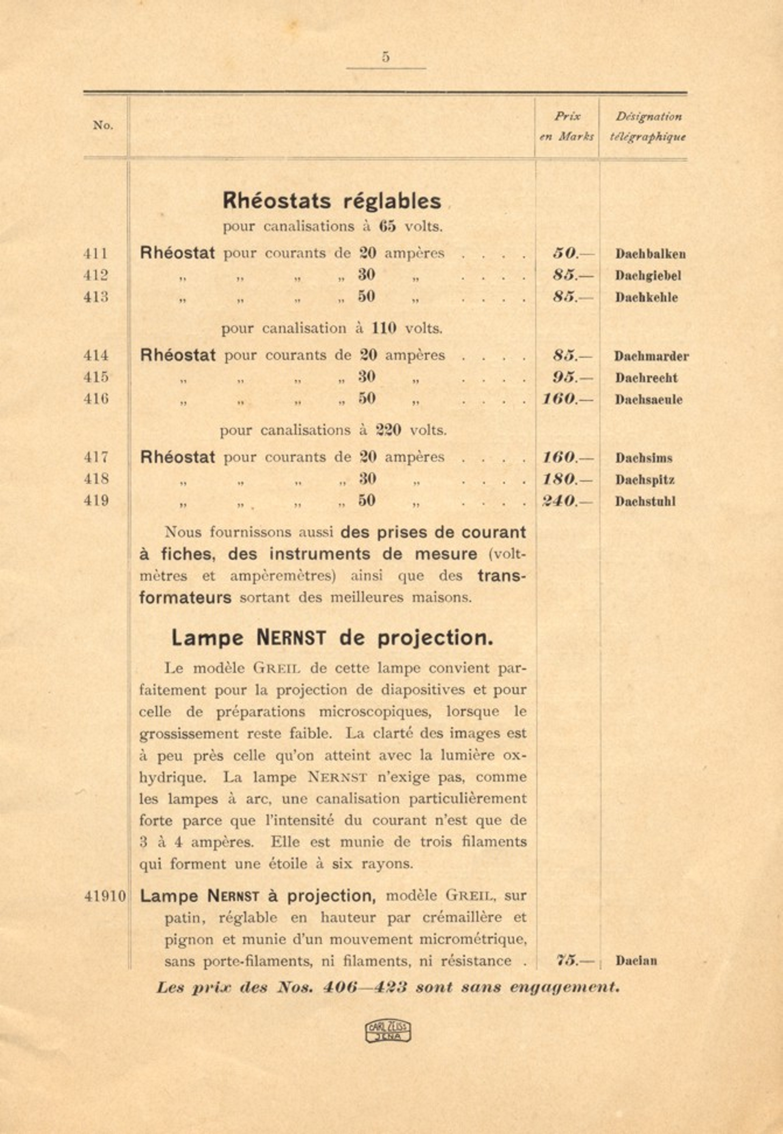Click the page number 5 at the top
(386, 58)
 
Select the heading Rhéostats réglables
(332, 201)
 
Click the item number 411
(96, 254)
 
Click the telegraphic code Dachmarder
(651, 356)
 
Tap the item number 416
(96, 399)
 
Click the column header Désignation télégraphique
(648, 127)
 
